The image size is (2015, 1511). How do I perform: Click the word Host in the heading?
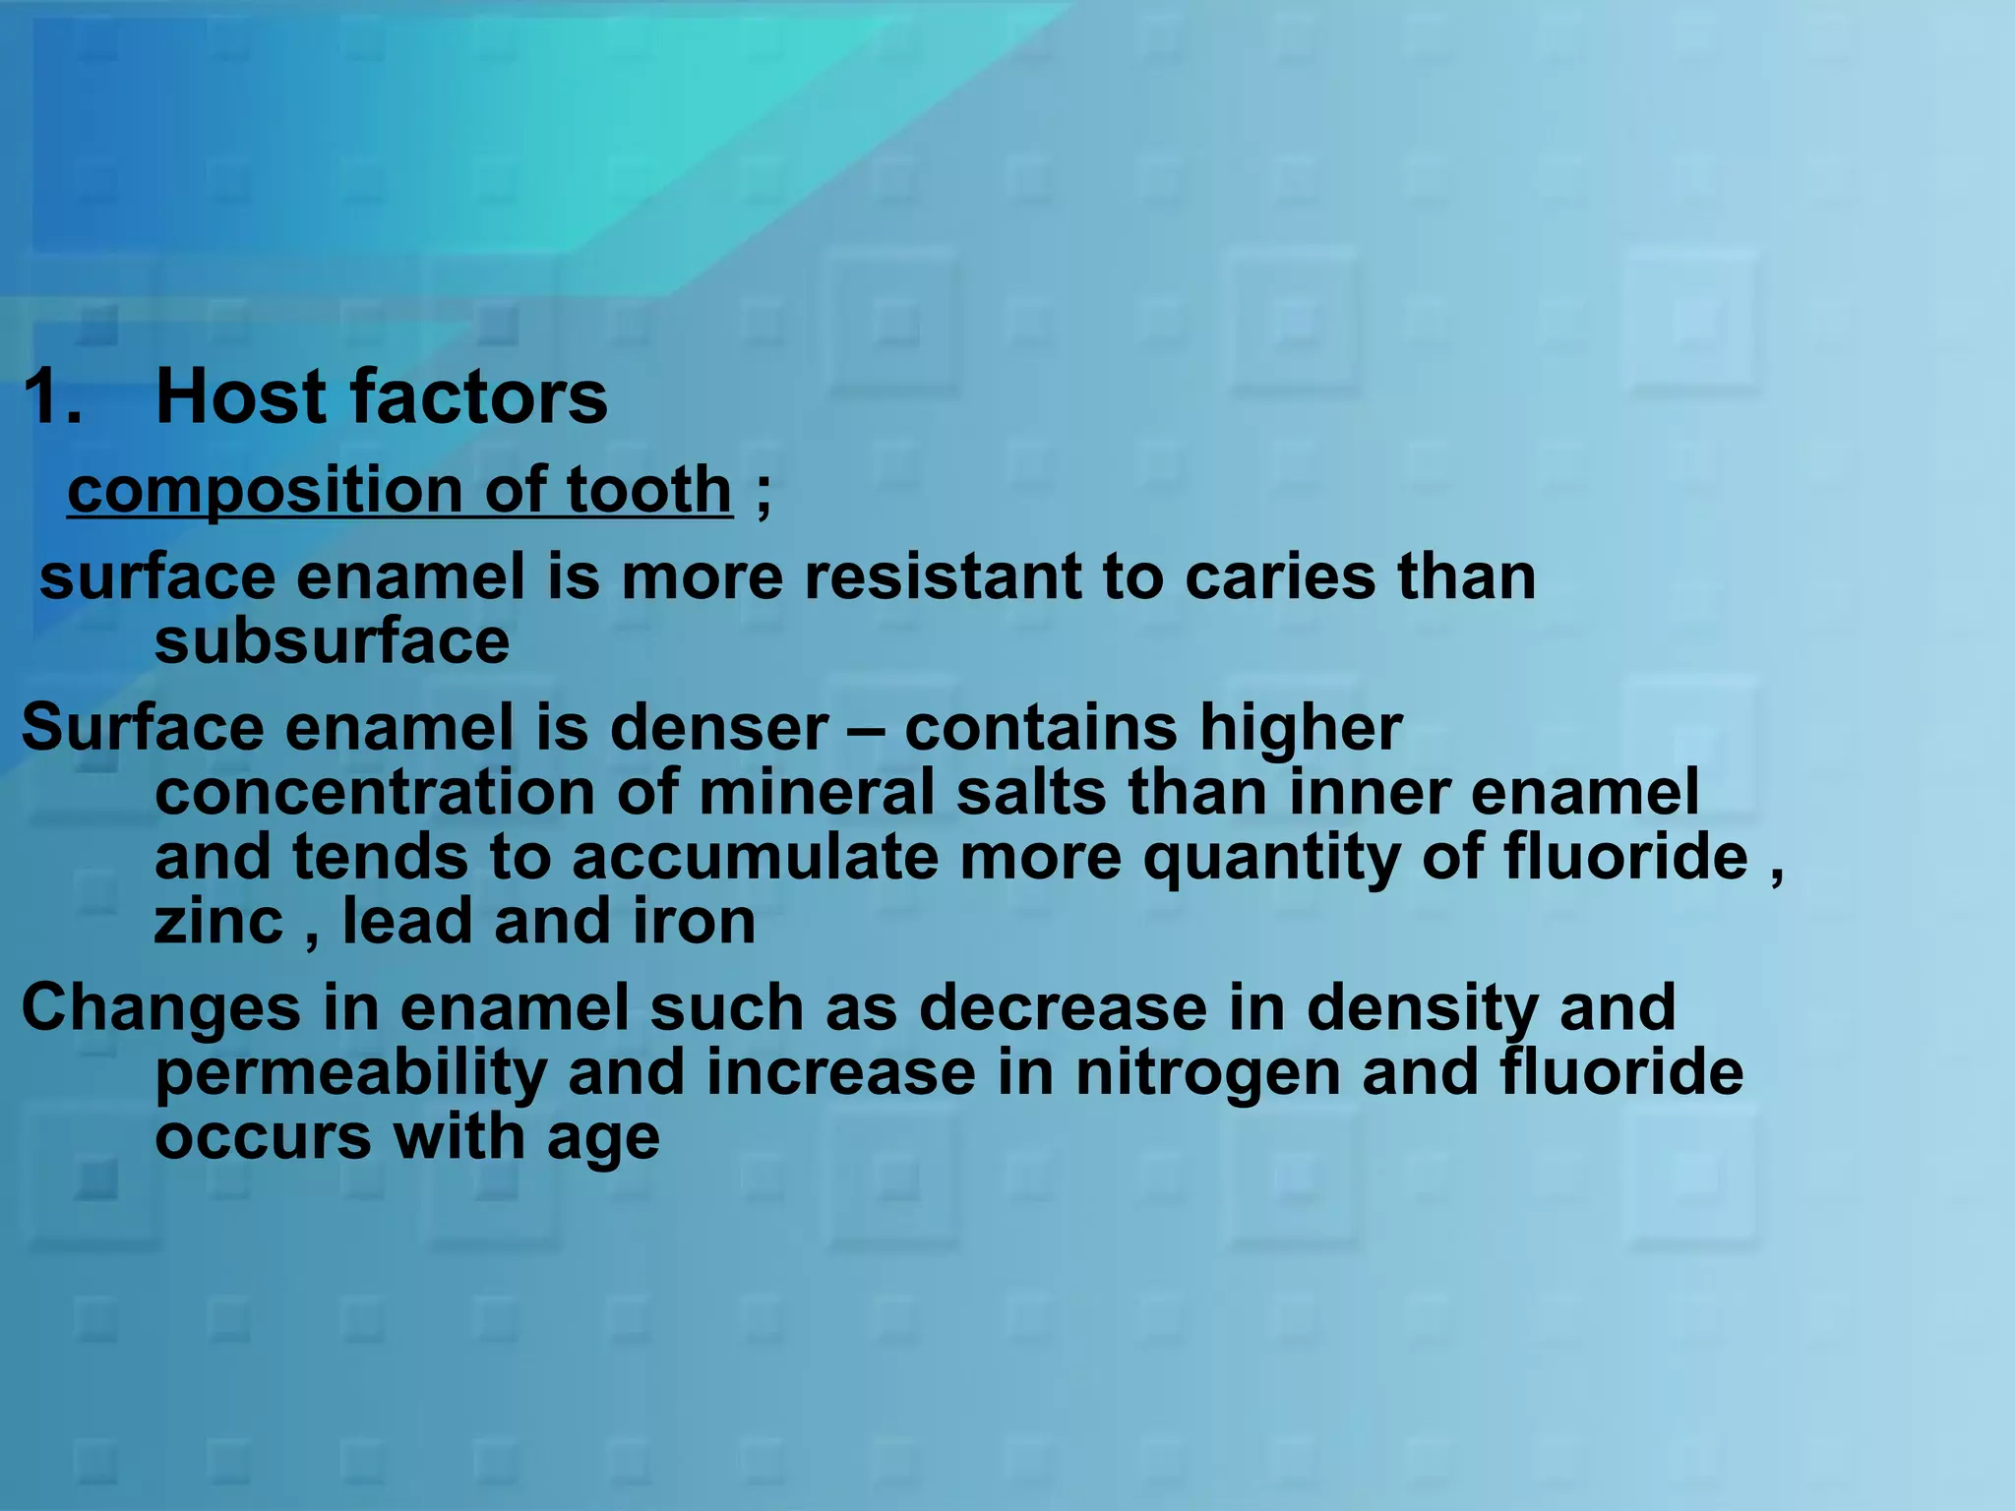point(243,397)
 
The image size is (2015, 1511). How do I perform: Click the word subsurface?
point(332,641)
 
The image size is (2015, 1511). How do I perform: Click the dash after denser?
point(867,730)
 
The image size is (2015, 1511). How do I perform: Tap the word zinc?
point(218,922)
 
